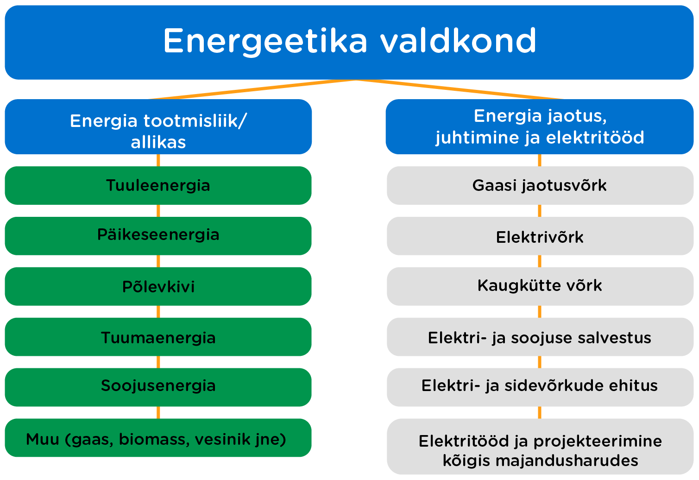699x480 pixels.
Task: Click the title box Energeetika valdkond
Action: click(x=349, y=43)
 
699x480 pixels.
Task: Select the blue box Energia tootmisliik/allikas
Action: click(x=158, y=126)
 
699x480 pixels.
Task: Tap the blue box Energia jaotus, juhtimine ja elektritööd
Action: click(x=540, y=126)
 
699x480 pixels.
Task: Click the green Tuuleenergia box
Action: click(x=158, y=185)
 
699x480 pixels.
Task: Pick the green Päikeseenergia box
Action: click(x=158, y=236)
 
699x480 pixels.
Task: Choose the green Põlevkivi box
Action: click(x=158, y=286)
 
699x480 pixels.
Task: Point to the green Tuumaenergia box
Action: click(x=158, y=337)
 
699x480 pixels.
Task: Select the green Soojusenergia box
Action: click(x=158, y=387)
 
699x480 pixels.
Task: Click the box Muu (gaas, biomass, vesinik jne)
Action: click(x=158, y=438)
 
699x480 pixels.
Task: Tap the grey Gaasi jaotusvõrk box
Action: click(x=540, y=185)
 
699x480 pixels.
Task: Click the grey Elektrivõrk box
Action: click(x=540, y=236)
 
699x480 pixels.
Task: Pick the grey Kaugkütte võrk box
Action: click(x=540, y=286)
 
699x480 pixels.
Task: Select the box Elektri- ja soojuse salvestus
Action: click(x=540, y=337)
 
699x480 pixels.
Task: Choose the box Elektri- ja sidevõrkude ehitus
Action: click(x=540, y=387)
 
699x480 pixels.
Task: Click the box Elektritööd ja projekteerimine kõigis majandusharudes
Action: click(x=540, y=447)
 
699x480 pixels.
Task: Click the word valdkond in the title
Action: click(x=458, y=41)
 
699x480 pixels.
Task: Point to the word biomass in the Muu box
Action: click(x=154, y=439)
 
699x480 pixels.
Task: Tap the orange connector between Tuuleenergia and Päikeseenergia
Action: click(x=158, y=211)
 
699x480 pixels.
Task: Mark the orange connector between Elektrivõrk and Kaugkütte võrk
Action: click(x=540, y=261)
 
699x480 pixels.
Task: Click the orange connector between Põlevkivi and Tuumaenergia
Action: click(x=158, y=312)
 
